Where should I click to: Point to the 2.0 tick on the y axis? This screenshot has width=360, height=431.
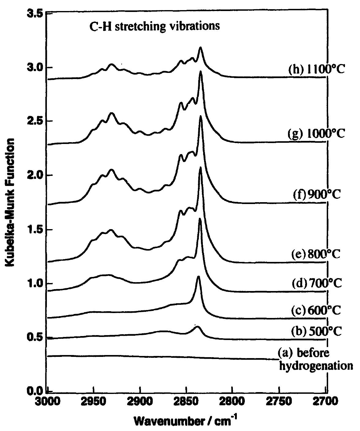pos(33,175)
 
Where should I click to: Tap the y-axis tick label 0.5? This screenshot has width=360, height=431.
pos(33,337)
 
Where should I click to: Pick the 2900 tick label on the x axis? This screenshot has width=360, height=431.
pos(140,402)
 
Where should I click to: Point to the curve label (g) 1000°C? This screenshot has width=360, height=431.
pos(317,134)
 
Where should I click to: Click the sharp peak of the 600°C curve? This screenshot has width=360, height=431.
pos(198,277)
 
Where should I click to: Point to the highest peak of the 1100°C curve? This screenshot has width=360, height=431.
pos(201,48)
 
